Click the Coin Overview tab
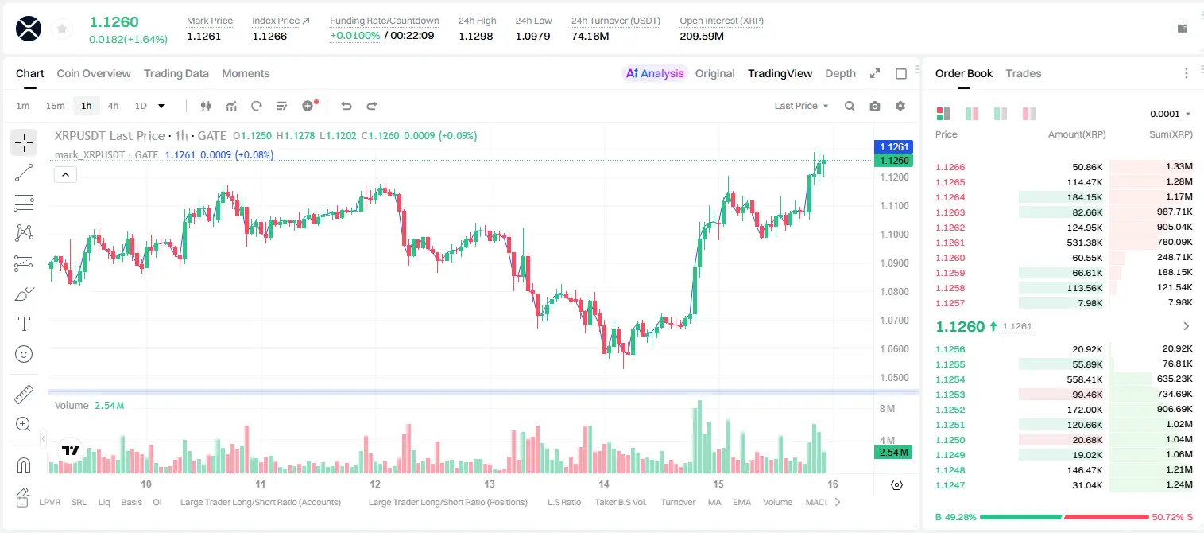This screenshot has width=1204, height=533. tap(94, 73)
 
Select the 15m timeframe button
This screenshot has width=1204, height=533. tap(55, 106)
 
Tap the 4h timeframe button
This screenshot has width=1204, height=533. tap(113, 106)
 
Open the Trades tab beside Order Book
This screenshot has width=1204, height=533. tap(1024, 73)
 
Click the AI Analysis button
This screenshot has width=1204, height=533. tap(655, 73)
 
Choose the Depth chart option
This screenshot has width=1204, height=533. tap(840, 73)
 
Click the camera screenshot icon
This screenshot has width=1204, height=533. tap(875, 106)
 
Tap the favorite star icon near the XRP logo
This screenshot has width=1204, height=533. tap(62, 29)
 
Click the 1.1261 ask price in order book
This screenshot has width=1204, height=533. tap(950, 243)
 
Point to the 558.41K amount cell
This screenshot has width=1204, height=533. tap(1085, 379)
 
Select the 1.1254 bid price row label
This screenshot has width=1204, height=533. tap(950, 379)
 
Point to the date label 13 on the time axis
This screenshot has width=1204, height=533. tap(489, 484)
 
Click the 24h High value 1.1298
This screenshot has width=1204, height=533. tap(476, 36)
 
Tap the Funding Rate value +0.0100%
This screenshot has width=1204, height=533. tap(354, 36)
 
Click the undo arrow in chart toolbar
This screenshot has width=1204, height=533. tap(346, 106)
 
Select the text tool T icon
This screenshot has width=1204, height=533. tap(24, 324)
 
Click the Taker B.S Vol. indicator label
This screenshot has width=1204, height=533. tap(620, 502)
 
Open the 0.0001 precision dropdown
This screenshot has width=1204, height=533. tap(1170, 114)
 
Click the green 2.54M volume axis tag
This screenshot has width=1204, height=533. tap(892, 453)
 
